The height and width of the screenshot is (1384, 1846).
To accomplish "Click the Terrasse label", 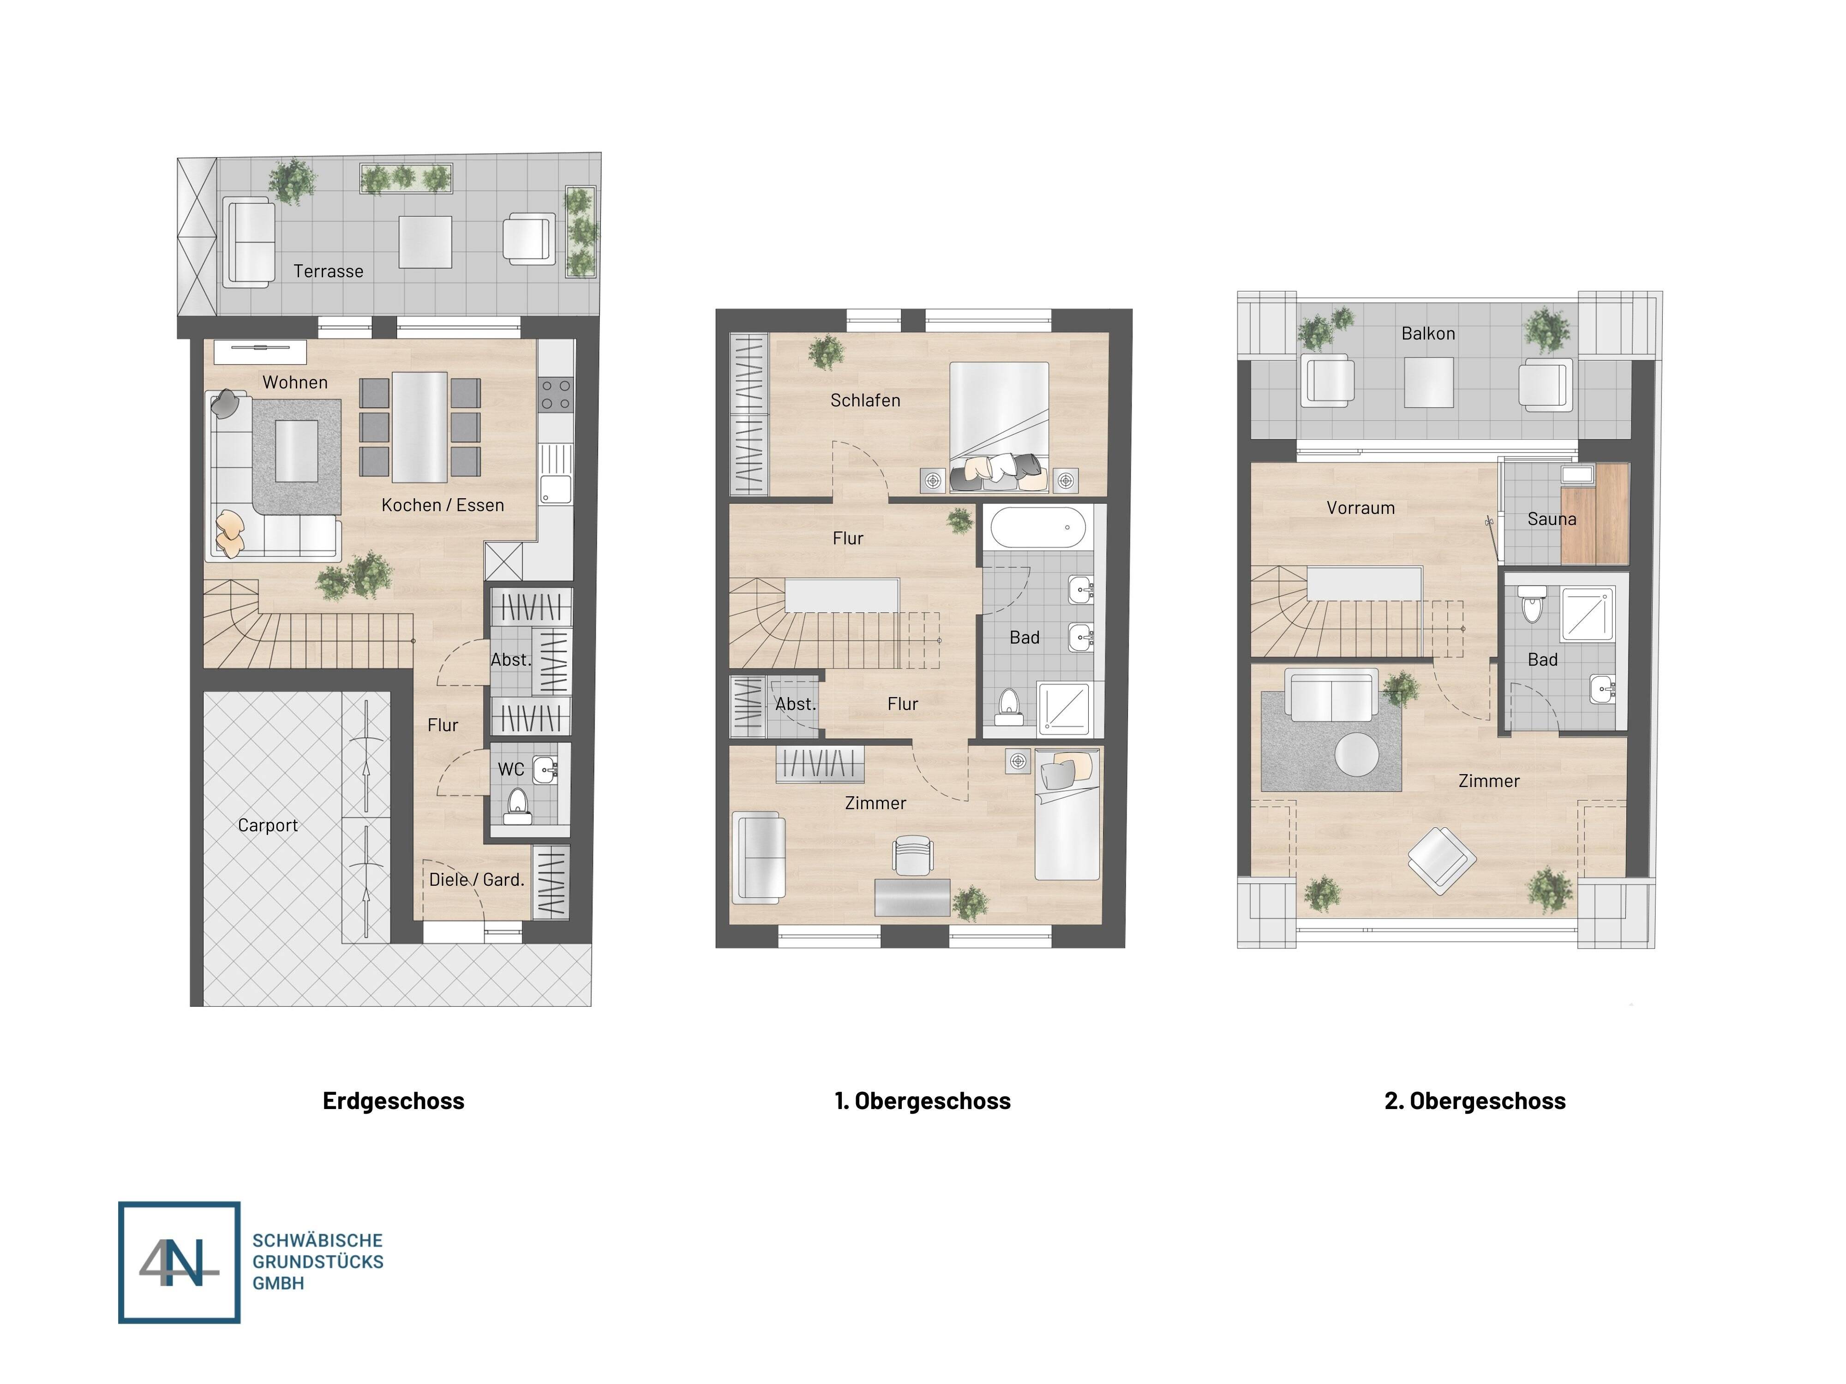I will pos(328,271).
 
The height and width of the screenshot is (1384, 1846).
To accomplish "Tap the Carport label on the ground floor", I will pos(267,825).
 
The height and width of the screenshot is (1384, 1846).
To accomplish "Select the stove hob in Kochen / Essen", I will pos(556,394).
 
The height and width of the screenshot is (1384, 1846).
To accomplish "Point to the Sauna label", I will pos(1552,519).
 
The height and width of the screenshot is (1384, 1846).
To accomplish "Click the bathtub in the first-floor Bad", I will pos(1037,527).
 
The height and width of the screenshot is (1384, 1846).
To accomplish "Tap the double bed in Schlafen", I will pos(999,421).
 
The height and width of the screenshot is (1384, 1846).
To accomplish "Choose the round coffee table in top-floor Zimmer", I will pos(1356,755).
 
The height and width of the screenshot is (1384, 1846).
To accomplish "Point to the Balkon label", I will pos(1428,334).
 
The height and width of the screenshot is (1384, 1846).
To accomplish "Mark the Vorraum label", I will pos(1361,508).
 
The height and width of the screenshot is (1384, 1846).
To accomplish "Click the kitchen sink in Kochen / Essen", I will pos(555,477).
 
